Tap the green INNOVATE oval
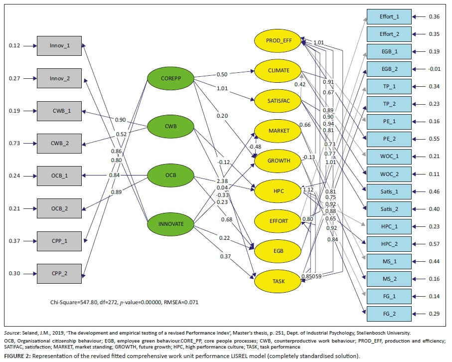170,224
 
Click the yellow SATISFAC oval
278,100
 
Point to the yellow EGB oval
278,250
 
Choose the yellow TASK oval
278,281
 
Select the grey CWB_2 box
60,143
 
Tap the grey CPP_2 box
60,274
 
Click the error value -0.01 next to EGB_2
434,69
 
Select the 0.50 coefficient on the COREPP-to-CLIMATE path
222,74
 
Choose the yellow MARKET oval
278,131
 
